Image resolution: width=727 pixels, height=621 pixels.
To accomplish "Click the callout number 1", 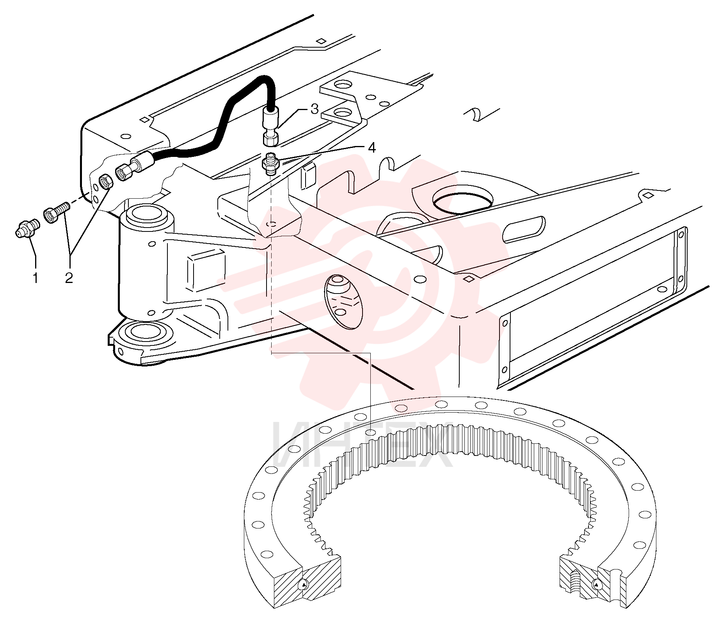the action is (36, 278).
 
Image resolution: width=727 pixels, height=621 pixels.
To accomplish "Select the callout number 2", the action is (69, 278).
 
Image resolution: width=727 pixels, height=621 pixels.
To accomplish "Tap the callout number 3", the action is (315, 109).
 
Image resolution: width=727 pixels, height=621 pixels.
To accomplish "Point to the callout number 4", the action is (371, 148).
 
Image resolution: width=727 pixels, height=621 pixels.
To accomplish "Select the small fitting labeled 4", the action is (270, 164).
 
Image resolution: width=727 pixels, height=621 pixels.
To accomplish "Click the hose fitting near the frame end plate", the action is (133, 166).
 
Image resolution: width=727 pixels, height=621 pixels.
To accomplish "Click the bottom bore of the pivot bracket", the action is (146, 331).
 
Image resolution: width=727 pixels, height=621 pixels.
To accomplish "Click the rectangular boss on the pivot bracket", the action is (206, 270).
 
